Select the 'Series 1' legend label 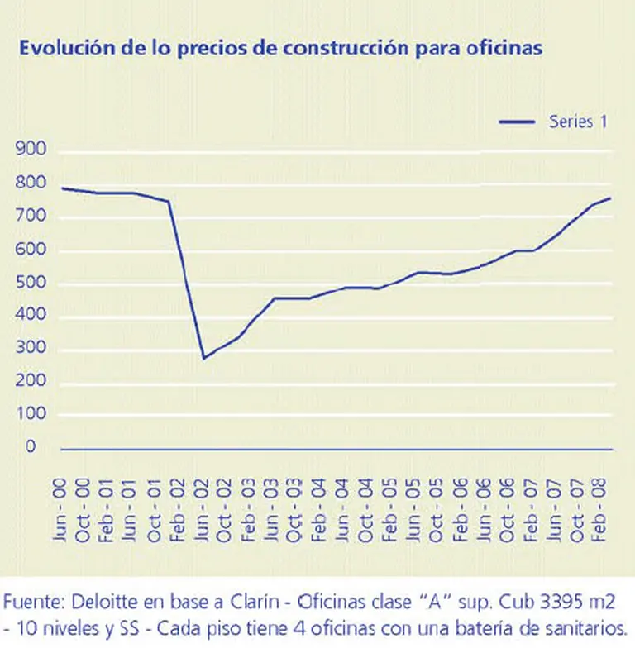point(579,121)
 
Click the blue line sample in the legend point(518,122)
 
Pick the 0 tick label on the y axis point(30,447)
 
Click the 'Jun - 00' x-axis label point(60,513)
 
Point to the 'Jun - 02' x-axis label point(202,513)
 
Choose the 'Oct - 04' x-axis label point(365,513)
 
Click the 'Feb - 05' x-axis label point(389,513)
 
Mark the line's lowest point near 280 point(203,358)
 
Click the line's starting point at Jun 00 point(62,188)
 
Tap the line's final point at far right point(610,198)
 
